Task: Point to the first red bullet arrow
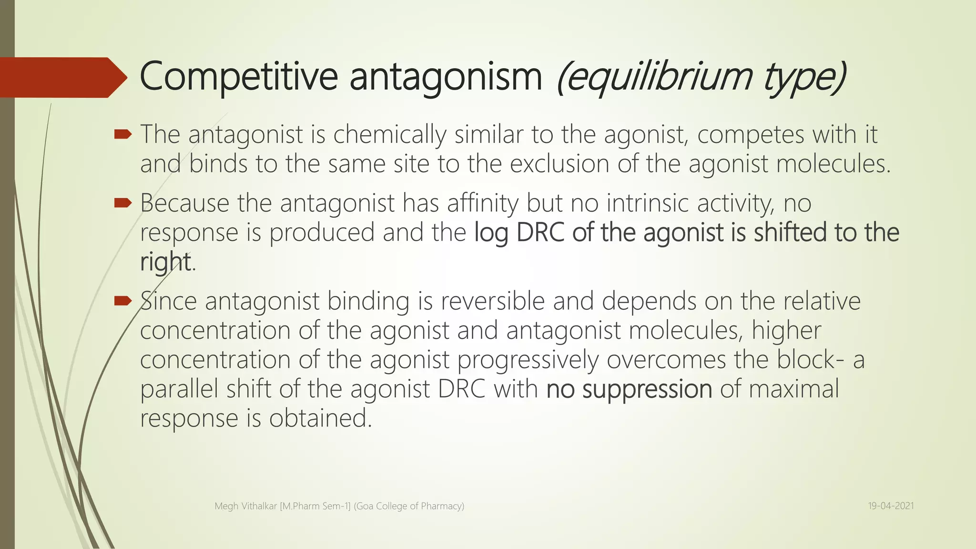[123, 135]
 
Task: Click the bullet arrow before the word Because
[123, 203]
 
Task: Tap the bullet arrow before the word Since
[123, 301]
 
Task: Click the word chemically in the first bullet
[389, 135]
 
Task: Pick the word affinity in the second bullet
[482, 203]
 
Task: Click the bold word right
[165, 262]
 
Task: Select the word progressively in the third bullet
[528, 360]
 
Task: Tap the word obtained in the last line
[319, 418]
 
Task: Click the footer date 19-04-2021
[891, 506]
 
